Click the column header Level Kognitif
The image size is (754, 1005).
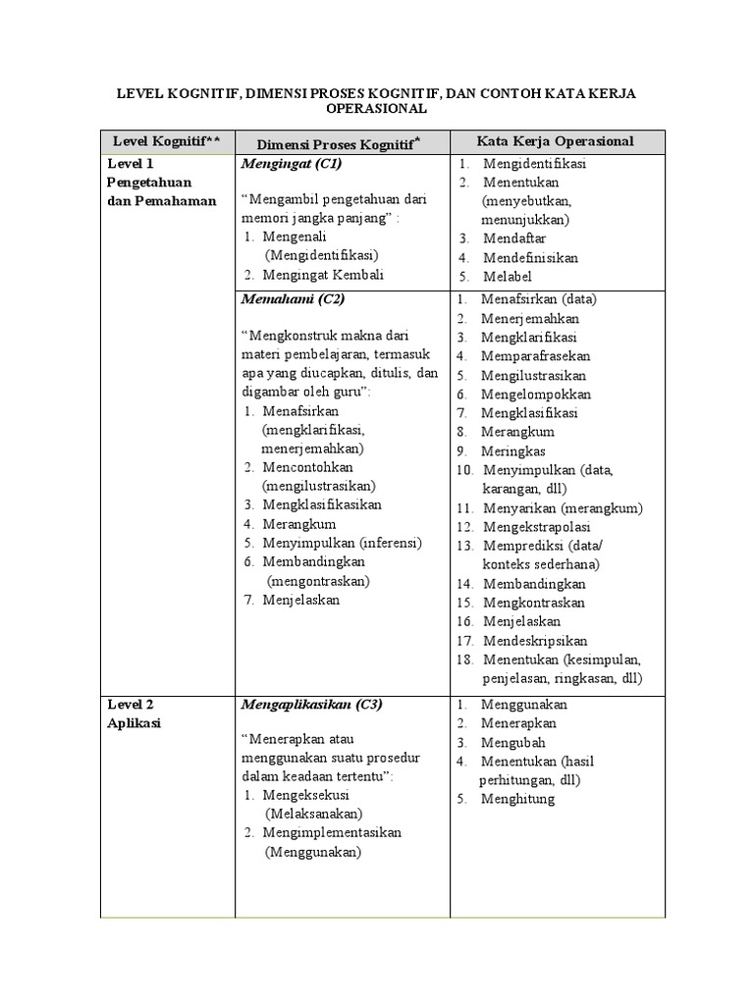pyautogui.click(x=167, y=141)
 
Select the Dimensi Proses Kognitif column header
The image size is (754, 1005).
pyautogui.click(x=334, y=143)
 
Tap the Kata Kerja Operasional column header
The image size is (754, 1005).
pyautogui.click(x=555, y=141)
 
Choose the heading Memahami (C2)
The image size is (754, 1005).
pyautogui.click(x=292, y=299)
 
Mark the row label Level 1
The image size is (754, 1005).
pyautogui.click(x=131, y=164)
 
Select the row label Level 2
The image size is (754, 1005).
pyautogui.click(x=131, y=705)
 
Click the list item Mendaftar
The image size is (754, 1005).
pyautogui.click(x=514, y=238)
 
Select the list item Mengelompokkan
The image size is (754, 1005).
pyautogui.click(x=529, y=395)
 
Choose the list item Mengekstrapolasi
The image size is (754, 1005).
pyautogui.click(x=535, y=526)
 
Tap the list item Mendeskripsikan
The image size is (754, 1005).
pyautogui.click(x=535, y=640)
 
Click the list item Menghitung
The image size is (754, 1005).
pyautogui.click(x=517, y=799)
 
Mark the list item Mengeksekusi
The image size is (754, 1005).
pyautogui.click(x=306, y=795)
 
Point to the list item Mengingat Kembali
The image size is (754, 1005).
pyautogui.click(x=323, y=275)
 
